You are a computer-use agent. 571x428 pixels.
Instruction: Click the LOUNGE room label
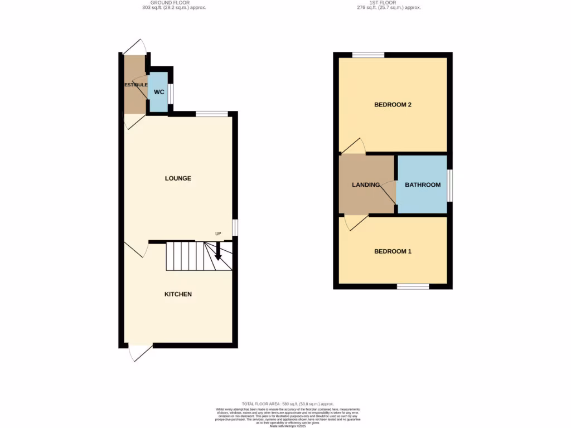tap(178, 178)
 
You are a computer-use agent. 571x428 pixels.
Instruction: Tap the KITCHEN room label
tap(178, 294)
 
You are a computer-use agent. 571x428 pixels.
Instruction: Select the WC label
tap(158, 91)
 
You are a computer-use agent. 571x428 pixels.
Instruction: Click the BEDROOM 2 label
tap(393, 105)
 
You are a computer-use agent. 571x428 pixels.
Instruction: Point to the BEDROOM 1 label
tap(393, 251)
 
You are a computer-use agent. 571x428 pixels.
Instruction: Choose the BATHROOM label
tap(423, 185)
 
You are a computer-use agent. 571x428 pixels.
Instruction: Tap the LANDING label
tap(366, 185)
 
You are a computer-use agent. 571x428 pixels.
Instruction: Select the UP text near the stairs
tap(219, 234)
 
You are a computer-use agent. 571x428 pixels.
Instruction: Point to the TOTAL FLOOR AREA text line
tap(288, 403)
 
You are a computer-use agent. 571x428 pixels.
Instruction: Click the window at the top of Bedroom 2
tap(368, 55)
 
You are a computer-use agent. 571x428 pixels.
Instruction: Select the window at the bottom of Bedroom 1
tap(413, 286)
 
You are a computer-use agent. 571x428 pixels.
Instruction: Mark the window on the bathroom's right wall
tap(450, 185)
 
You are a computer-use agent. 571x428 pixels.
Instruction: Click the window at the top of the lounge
tap(212, 114)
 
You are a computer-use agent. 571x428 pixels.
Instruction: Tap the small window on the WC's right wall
tap(171, 94)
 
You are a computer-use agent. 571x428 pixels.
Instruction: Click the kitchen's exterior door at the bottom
tap(139, 353)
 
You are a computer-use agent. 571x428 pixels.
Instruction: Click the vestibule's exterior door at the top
tap(136, 47)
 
